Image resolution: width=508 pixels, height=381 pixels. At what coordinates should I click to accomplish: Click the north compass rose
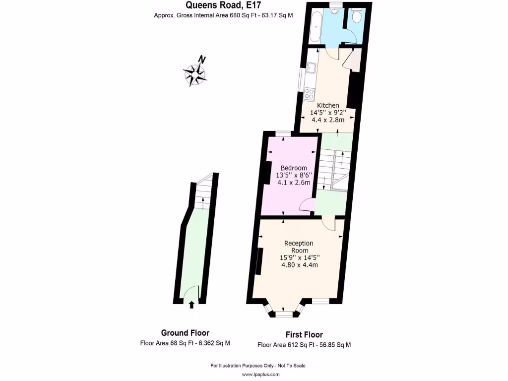pyautogui.click(x=196, y=73)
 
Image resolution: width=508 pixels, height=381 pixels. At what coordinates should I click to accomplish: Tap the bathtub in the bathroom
pyautogui.click(x=314, y=25)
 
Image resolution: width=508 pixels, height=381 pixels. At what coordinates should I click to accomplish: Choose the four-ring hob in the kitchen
pyautogui.click(x=310, y=93)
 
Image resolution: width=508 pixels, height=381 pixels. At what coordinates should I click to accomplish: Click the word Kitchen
pyautogui.click(x=328, y=105)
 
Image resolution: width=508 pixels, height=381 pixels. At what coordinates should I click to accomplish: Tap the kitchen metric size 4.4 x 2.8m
pyautogui.click(x=328, y=120)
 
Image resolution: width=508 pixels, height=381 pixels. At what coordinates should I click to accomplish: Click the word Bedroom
pyautogui.click(x=293, y=168)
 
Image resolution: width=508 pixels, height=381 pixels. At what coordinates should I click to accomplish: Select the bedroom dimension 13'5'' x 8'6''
pyautogui.click(x=293, y=175)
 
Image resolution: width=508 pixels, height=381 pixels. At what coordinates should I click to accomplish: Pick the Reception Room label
pyautogui.click(x=298, y=247)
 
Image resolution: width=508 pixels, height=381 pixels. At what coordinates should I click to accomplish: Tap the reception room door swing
pyautogui.click(x=328, y=224)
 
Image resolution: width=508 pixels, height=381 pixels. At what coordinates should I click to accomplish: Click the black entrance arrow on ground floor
pyautogui.click(x=192, y=305)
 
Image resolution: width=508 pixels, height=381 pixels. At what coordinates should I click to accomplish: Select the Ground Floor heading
pyautogui.click(x=185, y=333)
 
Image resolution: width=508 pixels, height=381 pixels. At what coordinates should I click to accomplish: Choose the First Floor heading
pyautogui.click(x=304, y=335)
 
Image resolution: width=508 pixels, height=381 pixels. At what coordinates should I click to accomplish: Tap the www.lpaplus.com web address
pyautogui.click(x=257, y=375)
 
